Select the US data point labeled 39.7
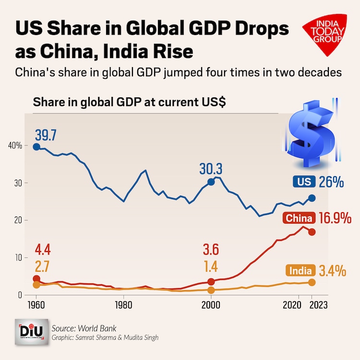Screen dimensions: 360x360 [36, 146]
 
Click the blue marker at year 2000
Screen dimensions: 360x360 [211, 182]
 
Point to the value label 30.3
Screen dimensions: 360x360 [211, 169]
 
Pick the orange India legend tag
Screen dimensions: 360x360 [300, 270]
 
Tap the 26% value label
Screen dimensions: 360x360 [332, 182]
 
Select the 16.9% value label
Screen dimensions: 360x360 [332, 219]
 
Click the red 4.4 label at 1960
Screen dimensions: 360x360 [42, 250]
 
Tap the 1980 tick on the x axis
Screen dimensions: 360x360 [124, 304]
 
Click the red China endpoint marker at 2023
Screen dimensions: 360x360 [312, 232]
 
